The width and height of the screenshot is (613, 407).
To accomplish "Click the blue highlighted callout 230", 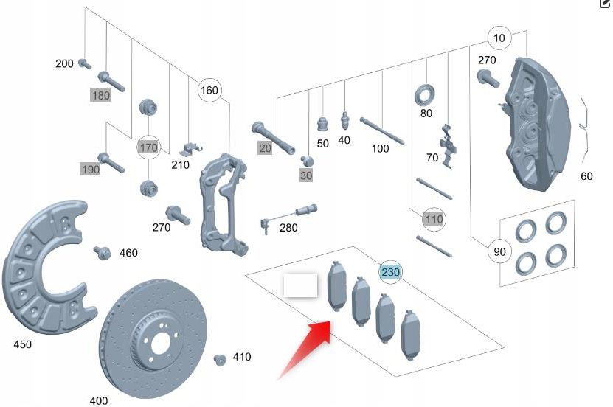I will [x=390, y=272].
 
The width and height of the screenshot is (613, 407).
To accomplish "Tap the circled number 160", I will [x=209, y=91].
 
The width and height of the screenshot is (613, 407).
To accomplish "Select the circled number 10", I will [x=499, y=38].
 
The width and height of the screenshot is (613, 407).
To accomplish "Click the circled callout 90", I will [x=499, y=252].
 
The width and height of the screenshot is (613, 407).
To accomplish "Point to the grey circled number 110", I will [x=433, y=219].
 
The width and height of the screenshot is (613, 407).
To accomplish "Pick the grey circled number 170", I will [x=149, y=147].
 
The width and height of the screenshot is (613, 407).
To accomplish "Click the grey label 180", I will [x=100, y=95].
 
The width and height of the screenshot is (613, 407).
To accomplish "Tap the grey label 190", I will [x=90, y=170].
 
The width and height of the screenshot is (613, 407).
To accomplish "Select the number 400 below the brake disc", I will [x=98, y=400].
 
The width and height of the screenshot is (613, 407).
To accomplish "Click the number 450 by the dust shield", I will [x=23, y=344].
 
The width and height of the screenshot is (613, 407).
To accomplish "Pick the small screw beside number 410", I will [x=219, y=359].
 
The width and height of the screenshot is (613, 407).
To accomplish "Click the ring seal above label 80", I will [x=426, y=94].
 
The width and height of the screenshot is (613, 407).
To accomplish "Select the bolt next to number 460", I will [x=102, y=253].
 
